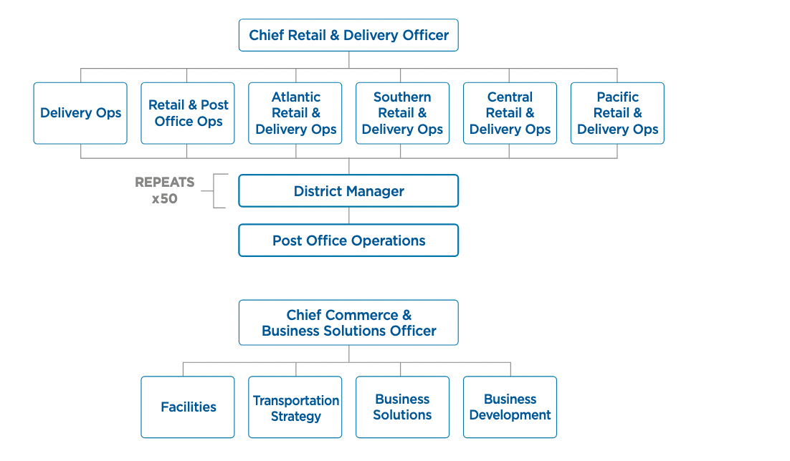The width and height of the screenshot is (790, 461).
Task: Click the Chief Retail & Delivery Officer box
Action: pos(348,35)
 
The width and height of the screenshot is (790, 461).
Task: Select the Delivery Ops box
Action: pos(80,113)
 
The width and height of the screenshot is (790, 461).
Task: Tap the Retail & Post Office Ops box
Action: pos(188,113)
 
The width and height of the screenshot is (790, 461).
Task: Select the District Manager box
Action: pos(348,191)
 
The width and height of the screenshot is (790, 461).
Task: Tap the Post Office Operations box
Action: pos(348,241)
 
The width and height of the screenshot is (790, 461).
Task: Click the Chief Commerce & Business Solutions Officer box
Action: pos(348,323)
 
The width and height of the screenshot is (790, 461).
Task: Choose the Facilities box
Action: pos(188,407)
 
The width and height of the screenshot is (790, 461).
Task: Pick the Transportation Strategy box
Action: pos(295,407)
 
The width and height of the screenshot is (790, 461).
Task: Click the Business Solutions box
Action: pos(402,407)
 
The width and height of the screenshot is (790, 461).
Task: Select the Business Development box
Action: pos(510,407)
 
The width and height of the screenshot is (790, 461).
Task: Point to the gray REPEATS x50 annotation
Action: pos(164,190)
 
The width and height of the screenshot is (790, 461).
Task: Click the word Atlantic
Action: pos(296,97)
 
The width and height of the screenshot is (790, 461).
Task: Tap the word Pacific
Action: pos(618,97)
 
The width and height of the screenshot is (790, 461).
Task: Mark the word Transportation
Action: pos(296,400)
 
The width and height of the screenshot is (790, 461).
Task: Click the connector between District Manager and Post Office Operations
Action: pos(349,215)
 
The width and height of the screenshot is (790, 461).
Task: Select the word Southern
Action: pos(402,97)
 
